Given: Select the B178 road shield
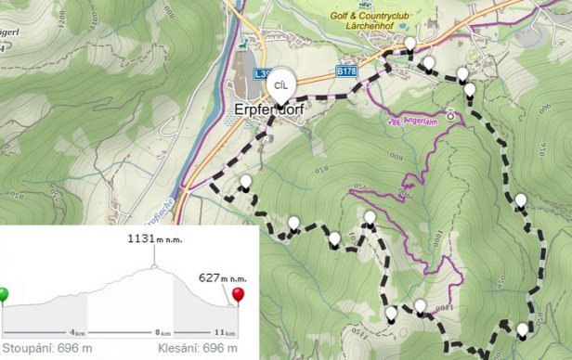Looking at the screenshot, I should pyautogui.click(x=346, y=71).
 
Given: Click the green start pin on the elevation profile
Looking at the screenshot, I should pyautogui.click(x=5, y=296).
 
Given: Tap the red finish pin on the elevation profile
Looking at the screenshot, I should pyautogui.click(x=239, y=296).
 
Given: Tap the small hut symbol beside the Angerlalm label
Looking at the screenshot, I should pyautogui.click(x=450, y=116).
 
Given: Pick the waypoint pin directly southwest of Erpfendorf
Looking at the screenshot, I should pyautogui.click(x=245, y=182).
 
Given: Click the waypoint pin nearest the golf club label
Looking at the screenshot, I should pyautogui.click(x=410, y=44).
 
